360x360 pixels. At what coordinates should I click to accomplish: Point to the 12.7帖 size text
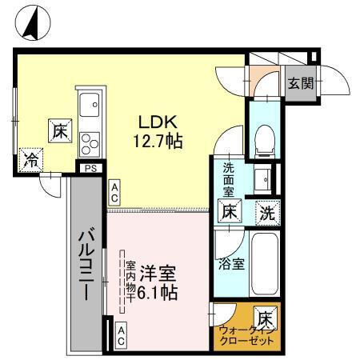[158, 142]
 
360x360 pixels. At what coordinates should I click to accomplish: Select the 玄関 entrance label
[300, 83]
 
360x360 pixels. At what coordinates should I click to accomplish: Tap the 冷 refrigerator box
[30, 159]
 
